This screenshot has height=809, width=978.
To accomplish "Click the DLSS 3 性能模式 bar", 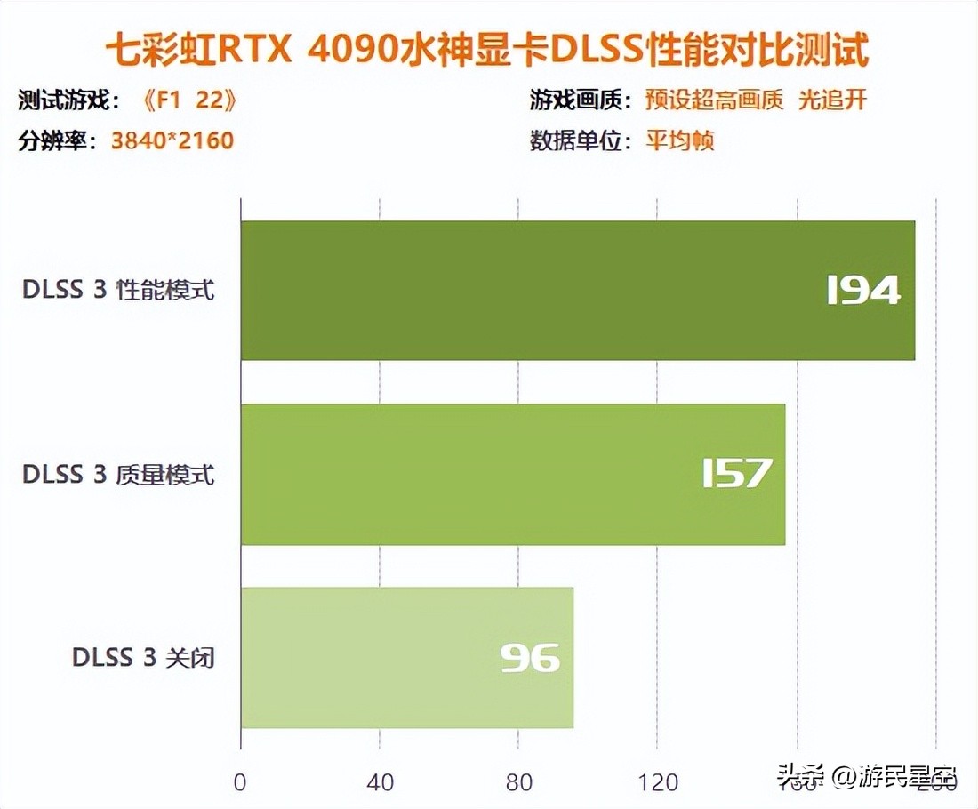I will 578,290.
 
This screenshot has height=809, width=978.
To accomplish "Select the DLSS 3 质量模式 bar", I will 513,474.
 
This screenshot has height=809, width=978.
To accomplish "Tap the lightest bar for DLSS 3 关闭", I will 407,657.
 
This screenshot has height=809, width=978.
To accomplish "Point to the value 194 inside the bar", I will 863,291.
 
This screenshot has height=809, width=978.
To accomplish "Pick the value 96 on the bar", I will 530,658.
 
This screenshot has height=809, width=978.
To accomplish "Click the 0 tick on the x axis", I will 240,782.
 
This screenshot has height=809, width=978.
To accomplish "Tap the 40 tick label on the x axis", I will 380,782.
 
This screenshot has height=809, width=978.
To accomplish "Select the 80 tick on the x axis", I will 519,782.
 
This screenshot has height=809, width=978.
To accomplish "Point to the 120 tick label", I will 658,782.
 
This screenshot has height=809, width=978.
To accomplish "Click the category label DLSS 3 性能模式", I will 119,291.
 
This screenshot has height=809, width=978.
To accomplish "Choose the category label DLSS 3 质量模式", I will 119,474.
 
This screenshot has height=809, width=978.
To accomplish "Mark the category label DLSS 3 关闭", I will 144,658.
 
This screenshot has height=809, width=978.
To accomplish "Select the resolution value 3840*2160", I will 172,140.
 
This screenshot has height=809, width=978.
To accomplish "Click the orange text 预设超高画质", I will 715,100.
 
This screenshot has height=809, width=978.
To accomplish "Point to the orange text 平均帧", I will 680,140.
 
